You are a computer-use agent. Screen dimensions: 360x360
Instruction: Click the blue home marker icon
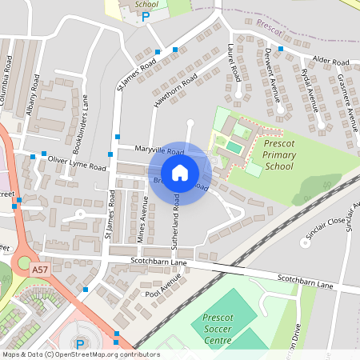[180, 173]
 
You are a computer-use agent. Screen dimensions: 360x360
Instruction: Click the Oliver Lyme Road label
[77, 164]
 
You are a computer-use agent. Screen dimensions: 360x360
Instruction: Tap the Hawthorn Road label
[178, 90]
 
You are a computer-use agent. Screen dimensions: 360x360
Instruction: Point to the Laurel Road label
[234, 61]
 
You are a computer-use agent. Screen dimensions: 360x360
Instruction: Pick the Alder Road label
[331, 61]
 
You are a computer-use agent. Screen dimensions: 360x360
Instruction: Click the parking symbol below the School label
[146, 16]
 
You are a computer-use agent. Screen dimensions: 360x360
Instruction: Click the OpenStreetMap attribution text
[80, 354]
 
